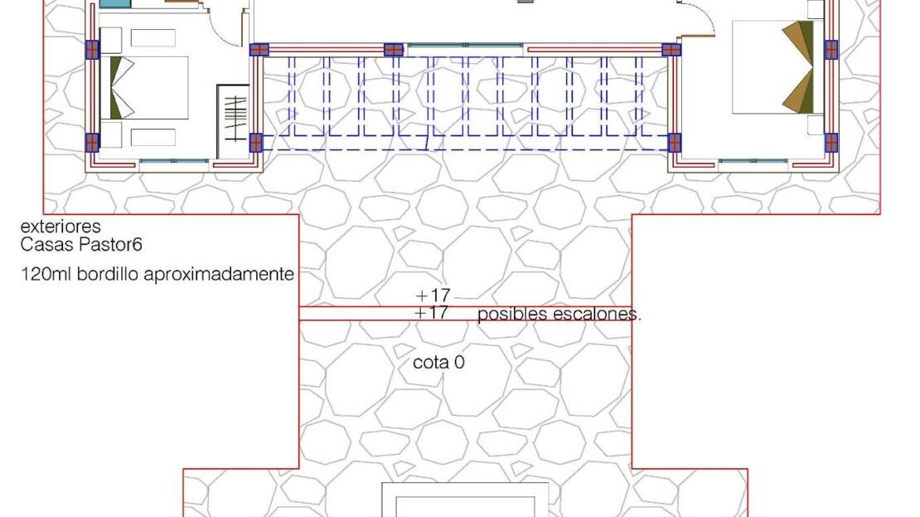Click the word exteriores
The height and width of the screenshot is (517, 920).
[61, 227]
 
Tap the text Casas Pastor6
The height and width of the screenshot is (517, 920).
[81, 245]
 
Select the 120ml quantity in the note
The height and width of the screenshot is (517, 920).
[46, 274]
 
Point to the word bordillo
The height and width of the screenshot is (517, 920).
[108, 274]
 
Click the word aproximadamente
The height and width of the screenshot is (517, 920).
[219, 275]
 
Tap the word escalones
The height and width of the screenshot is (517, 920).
[597, 314]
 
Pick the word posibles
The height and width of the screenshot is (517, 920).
[512, 315]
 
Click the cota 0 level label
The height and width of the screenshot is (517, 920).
[439, 363]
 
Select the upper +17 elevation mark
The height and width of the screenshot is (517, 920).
[433, 295]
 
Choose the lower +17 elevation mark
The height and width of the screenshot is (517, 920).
[431, 313]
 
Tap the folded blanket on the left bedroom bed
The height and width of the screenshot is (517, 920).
[122, 87]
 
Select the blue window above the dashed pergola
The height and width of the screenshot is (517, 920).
[465, 46]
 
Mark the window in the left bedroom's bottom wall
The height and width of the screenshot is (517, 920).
[173, 161]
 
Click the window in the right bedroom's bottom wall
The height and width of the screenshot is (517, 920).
[753, 161]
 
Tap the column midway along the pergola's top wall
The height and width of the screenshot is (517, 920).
[393, 50]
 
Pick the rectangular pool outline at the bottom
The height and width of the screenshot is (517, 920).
[465, 485]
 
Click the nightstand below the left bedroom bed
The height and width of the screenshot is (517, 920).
[111, 134]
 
